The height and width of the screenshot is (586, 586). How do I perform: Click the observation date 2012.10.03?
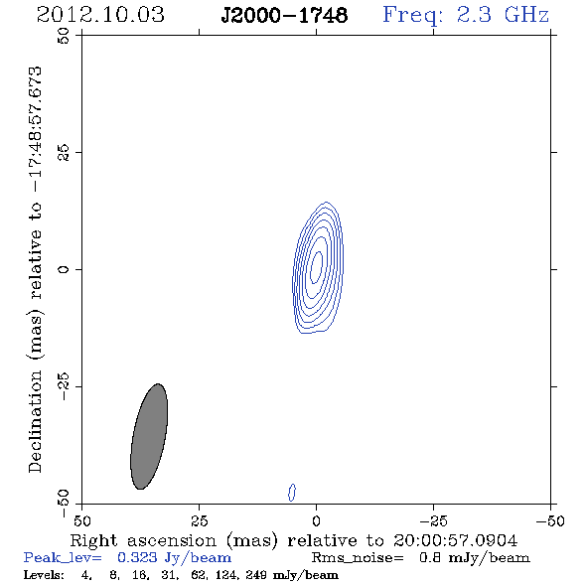(100, 15)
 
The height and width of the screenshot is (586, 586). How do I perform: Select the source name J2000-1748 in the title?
(284, 16)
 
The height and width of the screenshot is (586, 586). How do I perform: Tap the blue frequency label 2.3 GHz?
(503, 15)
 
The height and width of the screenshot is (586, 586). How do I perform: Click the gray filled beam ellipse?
(149, 436)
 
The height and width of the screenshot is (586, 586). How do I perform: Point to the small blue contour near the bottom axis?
(292, 493)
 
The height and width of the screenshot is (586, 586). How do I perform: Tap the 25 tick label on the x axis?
(200, 521)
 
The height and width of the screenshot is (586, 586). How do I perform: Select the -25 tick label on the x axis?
(433, 521)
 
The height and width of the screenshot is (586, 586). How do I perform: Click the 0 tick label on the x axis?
(317, 521)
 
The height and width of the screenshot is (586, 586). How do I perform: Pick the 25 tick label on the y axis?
(64, 153)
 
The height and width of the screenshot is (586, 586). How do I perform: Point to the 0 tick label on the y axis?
(64, 269)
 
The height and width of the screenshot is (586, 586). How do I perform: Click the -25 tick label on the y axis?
(64, 386)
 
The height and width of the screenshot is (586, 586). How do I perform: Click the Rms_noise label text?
(358, 558)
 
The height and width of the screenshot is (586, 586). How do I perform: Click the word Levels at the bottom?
(44, 574)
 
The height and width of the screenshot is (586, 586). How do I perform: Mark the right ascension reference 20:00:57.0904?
(455, 540)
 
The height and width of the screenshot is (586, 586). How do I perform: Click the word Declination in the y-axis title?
(35, 421)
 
